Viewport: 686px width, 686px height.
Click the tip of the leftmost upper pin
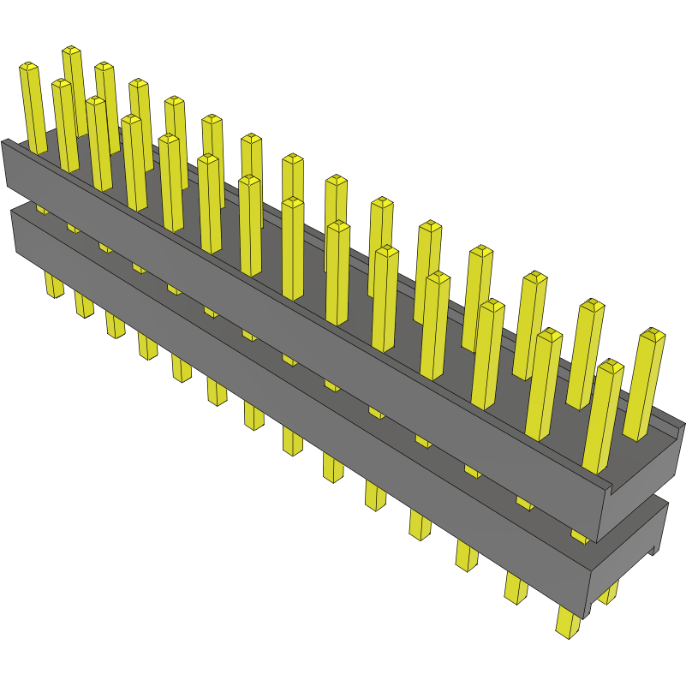click(28, 67)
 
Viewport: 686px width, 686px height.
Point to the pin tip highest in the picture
click(71, 51)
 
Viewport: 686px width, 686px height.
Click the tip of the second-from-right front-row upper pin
click(548, 333)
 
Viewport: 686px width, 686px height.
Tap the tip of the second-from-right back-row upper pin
click(591, 304)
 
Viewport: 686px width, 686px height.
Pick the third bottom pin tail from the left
click(115, 325)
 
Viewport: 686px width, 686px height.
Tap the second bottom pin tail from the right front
click(516, 588)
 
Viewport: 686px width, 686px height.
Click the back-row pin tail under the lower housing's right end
click(608, 592)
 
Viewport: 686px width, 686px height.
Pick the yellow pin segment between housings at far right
click(580, 536)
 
